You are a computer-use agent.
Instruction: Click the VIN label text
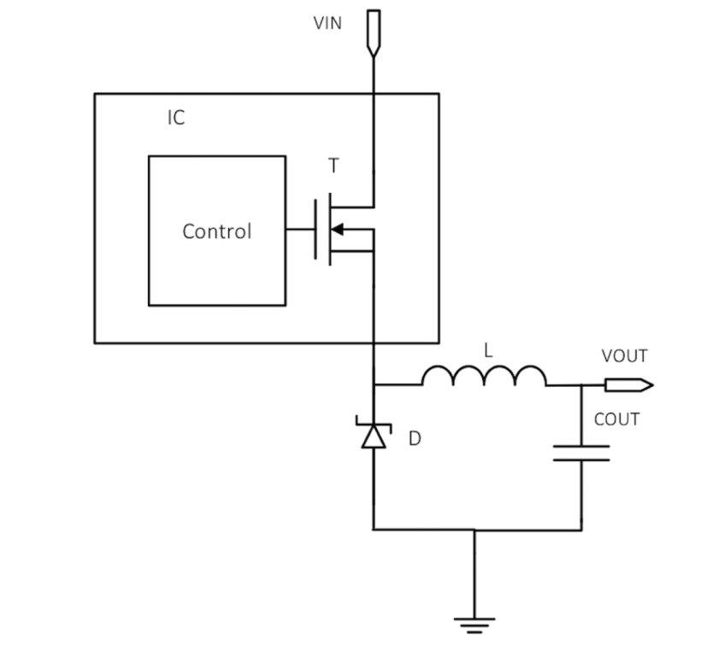pyautogui.click(x=327, y=23)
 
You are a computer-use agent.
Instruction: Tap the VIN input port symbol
pyautogui.click(x=374, y=32)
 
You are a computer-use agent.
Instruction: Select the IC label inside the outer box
pyautogui.click(x=175, y=118)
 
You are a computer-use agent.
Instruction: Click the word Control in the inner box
pyautogui.click(x=217, y=231)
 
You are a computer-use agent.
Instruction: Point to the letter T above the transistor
pyautogui.click(x=333, y=167)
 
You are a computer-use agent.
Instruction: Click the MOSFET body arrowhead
pyautogui.click(x=337, y=229)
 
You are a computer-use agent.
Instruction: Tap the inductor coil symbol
pyautogui.click(x=484, y=377)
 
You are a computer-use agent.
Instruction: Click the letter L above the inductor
pyautogui.click(x=488, y=350)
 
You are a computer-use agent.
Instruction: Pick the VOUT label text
pyautogui.click(x=624, y=356)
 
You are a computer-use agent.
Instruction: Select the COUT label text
pyautogui.click(x=616, y=419)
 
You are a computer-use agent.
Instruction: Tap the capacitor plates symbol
pyautogui.click(x=581, y=452)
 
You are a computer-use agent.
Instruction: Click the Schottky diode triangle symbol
pyautogui.click(x=374, y=436)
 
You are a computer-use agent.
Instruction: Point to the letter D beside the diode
pyautogui.click(x=415, y=439)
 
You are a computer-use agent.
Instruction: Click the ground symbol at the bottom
pyautogui.click(x=474, y=626)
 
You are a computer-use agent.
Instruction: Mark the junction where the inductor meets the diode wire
pyautogui.click(x=374, y=385)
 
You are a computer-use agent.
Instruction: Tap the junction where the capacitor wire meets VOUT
pyautogui.click(x=581, y=385)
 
